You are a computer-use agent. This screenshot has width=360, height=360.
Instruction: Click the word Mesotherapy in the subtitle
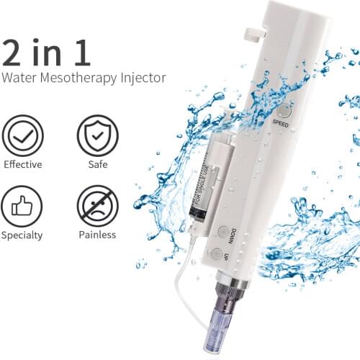pyautogui.click(x=84, y=77)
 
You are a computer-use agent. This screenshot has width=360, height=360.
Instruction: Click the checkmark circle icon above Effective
pyautogui.click(x=22, y=135)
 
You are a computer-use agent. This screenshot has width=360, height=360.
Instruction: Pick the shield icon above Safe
pyautogui.click(x=98, y=135)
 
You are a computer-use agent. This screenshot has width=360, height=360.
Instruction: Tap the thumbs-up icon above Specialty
pyautogui.click(x=22, y=205)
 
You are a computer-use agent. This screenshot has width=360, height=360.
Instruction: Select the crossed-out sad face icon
pyautogui.click(x=98, y=205)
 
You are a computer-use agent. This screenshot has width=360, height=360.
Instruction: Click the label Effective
pyautogui.click(x=22, y=164)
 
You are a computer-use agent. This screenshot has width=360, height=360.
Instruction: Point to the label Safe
pyautogui.click(x=97, y=164)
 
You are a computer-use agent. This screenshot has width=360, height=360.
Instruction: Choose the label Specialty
pyautogui.click(x=22, y=235)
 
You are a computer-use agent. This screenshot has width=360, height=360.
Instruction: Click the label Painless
pyautogui.click(x=97, y=235)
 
